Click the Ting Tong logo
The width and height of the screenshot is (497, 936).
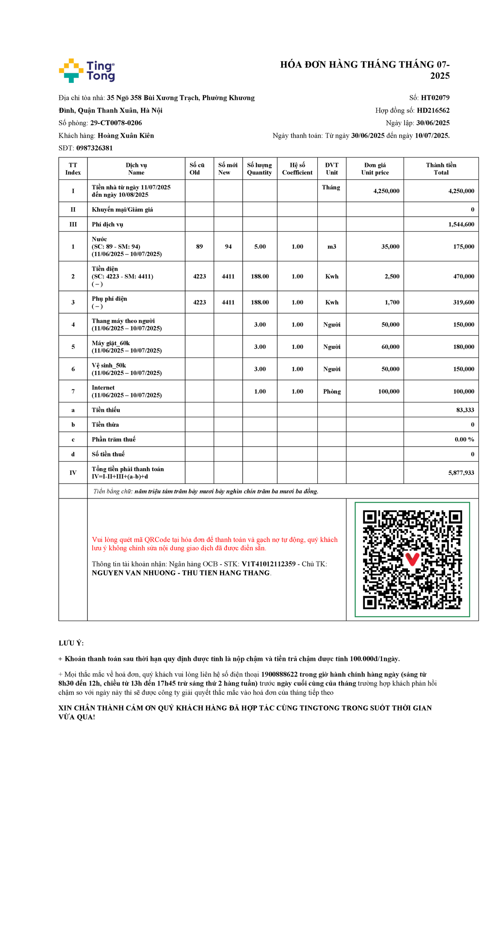[x=87, y=70]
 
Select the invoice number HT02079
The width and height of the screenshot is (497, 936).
[x=435, y=98]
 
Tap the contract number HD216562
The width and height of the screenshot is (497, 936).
[x=433, y=110]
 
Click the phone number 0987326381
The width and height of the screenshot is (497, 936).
[x=94, y=148]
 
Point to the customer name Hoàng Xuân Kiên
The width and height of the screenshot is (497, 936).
[x=125, y=135]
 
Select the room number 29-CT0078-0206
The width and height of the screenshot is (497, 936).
[x=116, y=123]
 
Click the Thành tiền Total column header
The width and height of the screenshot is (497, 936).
[x=441, y=169]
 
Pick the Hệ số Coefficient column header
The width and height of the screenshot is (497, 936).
[x=297, y=169]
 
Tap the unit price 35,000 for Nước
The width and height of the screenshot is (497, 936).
[x=390, y=247]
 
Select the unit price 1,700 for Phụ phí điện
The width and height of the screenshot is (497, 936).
[x=392, y=302]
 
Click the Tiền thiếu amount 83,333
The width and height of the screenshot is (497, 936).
[x=465, y=410]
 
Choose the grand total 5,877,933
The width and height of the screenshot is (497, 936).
[x=461, y=473]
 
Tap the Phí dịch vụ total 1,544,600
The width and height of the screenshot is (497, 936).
[x=461, y=224]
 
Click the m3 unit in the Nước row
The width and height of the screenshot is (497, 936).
[x=332, y=247]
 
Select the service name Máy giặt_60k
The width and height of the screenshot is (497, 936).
[x=111, y=343]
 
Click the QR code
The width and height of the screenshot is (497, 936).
[x=412, y=559]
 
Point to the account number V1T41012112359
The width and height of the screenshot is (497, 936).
[x=268, y=564]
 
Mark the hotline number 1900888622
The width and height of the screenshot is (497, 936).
[x=279, y=675]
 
